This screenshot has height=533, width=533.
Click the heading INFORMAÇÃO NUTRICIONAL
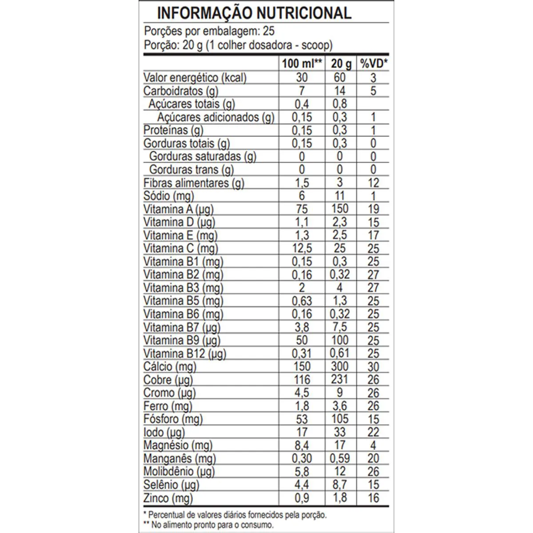254,13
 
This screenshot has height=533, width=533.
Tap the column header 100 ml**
302,64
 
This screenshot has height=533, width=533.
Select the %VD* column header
373,64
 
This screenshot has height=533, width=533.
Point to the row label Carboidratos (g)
181,91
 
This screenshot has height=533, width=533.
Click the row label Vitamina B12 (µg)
185,354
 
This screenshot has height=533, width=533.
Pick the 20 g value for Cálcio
340,367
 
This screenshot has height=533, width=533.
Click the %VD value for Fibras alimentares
373,183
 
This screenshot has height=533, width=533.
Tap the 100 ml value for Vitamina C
302,249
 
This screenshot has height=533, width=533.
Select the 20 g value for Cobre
340,380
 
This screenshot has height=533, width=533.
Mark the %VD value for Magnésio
373,445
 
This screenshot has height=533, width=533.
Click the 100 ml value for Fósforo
302,419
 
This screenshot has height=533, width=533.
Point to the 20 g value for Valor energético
340,78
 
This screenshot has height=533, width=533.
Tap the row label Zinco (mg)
168,498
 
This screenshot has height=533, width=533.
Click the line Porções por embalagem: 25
209,31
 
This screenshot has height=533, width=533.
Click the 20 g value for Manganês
340,459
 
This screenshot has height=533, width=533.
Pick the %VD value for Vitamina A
373,209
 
